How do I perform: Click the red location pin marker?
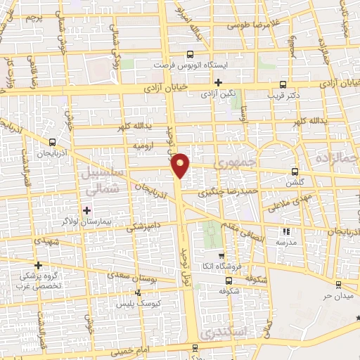(181, 165)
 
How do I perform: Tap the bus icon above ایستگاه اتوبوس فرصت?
(191, 54)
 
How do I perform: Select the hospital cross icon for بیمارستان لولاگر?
(86, 210)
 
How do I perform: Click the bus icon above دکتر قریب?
(283, 82)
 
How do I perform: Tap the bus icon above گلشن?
(295, 171)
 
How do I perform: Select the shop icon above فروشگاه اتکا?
(221, 255)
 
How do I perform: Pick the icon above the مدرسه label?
(285, 231)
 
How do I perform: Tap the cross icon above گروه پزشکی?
(39, 264)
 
